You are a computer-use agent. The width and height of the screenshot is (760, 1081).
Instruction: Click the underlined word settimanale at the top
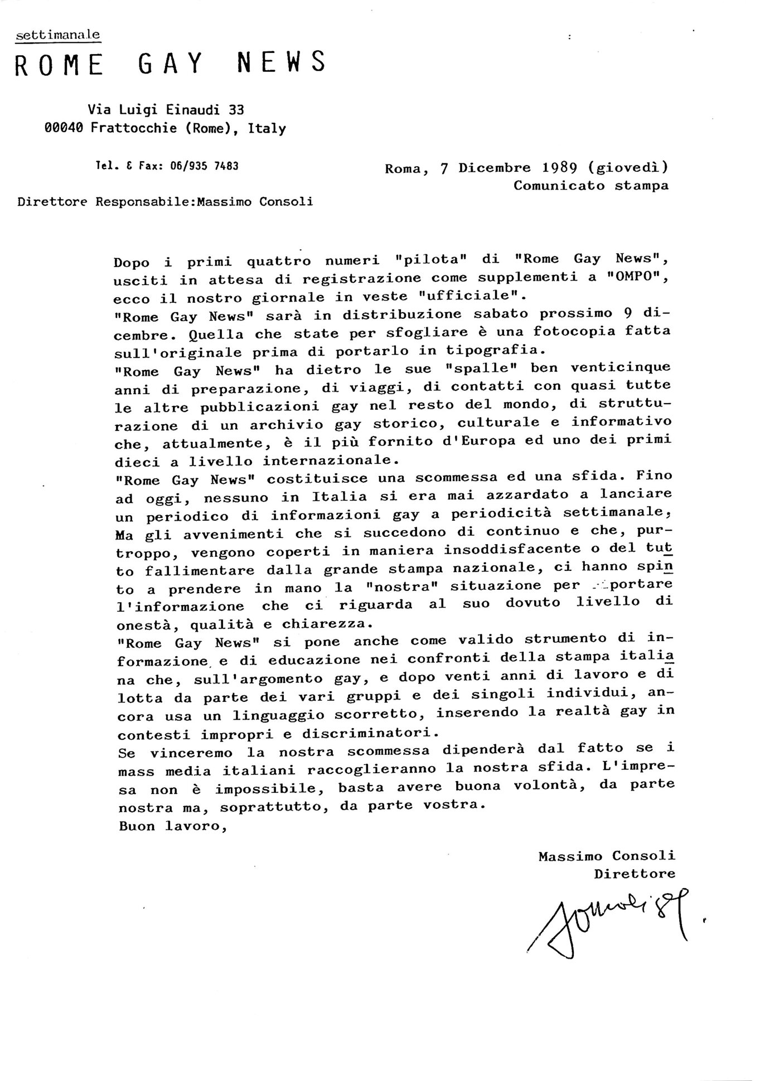pos(58,35)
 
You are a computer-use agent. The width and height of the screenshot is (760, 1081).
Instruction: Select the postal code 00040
pos(64,128)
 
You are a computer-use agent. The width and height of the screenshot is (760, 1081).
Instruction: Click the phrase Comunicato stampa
pos(590,186)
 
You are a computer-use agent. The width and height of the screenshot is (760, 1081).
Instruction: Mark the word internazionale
pos(330,461)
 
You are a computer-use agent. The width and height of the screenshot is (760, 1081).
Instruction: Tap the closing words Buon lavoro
pos(172,826)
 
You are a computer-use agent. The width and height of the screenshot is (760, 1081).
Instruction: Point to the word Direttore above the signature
pos(634,874)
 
